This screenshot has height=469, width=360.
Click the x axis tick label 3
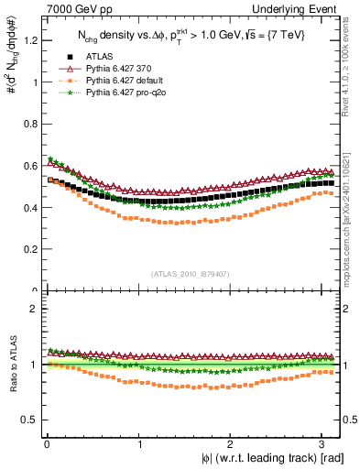(x=325, y=443)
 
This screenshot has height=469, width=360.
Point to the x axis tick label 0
(x=46, y=443)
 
